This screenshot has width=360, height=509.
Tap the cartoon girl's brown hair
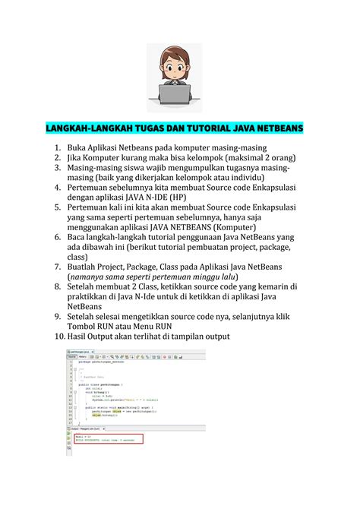(x=179, y=53)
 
